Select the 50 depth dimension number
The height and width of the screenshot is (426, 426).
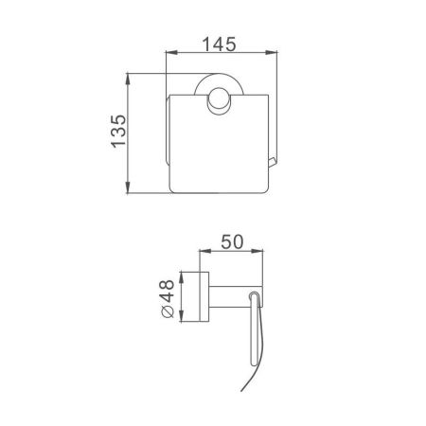(x=235, y=241)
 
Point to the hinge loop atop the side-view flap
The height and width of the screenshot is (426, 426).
(x=253, y=298)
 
